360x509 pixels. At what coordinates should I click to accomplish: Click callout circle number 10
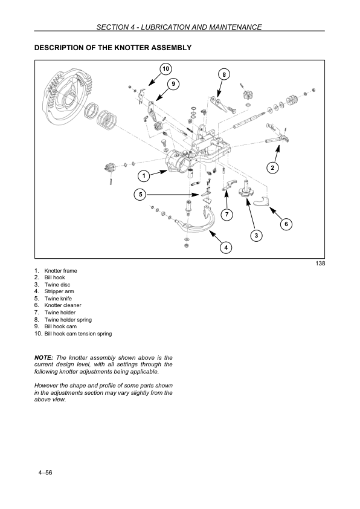166,69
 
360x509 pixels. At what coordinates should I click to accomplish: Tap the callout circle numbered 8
224,75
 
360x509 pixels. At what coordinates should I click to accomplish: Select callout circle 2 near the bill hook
272,168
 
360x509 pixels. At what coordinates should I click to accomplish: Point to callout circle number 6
286,224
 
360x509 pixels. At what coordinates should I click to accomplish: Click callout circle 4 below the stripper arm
226,248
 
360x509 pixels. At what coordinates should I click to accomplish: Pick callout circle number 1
144,177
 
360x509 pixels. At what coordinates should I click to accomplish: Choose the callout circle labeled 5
140,195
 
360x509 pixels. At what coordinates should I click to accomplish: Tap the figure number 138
320,263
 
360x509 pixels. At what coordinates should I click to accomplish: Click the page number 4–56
45,472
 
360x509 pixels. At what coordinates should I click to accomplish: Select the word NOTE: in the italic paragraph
43,357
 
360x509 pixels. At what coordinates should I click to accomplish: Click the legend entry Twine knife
58,298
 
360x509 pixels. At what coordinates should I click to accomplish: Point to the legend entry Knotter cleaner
63,305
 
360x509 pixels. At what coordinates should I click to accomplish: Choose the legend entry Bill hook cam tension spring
78,333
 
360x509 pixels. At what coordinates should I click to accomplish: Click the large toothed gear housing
68,97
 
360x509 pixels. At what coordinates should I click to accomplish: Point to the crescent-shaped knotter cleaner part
262,202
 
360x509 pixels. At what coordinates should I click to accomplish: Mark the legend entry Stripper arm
59,291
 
